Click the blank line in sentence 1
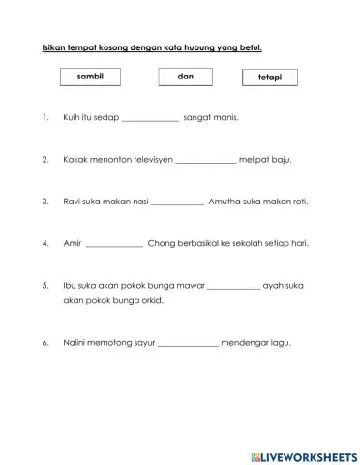[x=151, y=120]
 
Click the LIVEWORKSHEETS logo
[x=302, y=456]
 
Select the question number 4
[x=45, y=242]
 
